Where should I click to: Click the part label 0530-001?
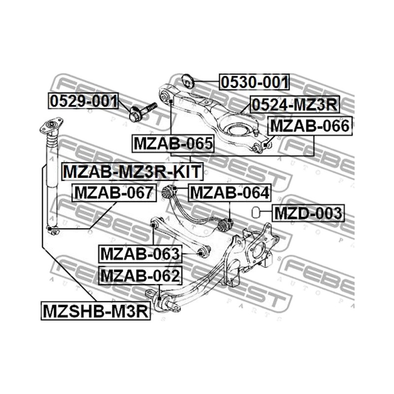254,82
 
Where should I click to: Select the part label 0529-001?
83,101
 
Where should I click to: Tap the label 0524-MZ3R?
295,104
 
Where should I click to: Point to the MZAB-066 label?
310,126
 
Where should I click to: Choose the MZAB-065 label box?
173,143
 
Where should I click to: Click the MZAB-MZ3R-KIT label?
132,171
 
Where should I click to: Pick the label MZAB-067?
114,193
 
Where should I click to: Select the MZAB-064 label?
230,193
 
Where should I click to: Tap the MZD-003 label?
308,213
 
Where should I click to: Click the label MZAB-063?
140,254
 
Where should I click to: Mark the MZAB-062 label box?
140,275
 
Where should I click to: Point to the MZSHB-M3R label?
96,311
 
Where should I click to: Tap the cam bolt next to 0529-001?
142,111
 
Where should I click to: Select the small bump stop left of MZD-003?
256,212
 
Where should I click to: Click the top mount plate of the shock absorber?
51,125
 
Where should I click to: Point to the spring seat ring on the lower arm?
236,130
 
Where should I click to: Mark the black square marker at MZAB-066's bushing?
266,145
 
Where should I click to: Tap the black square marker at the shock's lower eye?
50,228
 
